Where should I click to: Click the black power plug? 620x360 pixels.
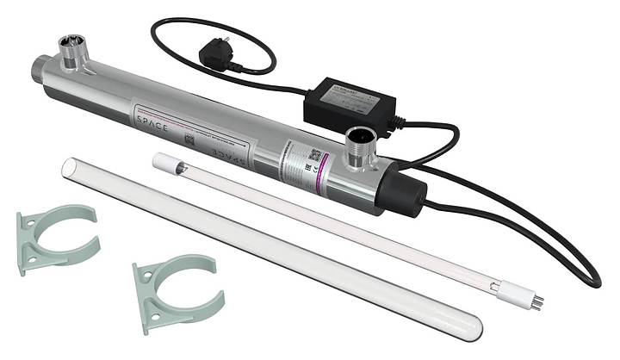point(217,55)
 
